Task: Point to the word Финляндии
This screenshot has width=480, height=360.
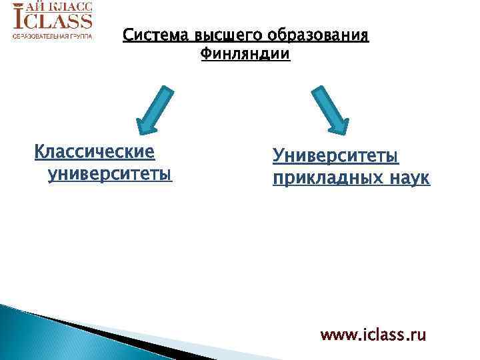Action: [245, 53]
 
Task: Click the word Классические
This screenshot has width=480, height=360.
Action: [95, 153]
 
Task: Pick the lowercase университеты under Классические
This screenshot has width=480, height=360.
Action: [109, 175]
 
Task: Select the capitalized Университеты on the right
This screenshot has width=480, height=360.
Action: [335, 156]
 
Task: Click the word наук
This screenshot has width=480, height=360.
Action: [408, 178]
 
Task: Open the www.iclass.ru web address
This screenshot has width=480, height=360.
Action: [373, 334]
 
